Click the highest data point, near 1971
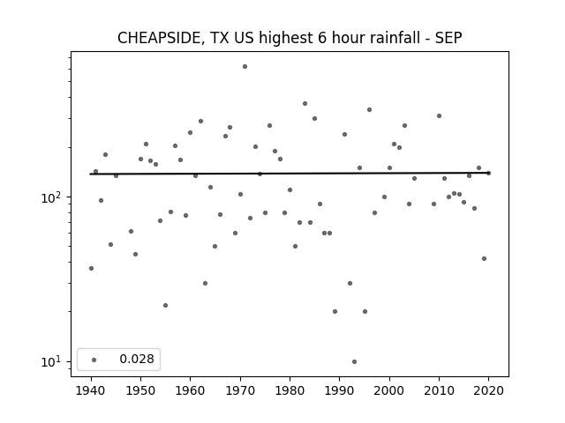[x=245, y=67]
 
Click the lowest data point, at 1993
[x=355, y=362]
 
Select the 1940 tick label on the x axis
[x=91, y=390]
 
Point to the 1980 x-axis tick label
[x=290, y=390]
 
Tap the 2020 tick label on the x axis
[x=488, y=390]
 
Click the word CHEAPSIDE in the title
[x=158, y=38]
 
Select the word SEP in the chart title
[x=448, y=38]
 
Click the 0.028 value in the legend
[x=137, y=359]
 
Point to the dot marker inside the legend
[x=94, y=360]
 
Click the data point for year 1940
[x=91, y=268]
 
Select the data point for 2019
[x=485, y=258]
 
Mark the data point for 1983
[x=305, y=104]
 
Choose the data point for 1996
[x=370, y=109]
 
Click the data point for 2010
[x=440, y=115]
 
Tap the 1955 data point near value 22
[x=166, y=306]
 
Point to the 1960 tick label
[x=191, y=390]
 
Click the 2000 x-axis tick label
[x=389, y=390]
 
